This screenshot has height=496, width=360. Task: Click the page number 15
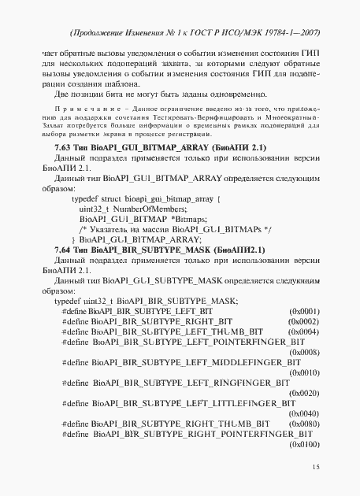[x=315, y=468]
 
